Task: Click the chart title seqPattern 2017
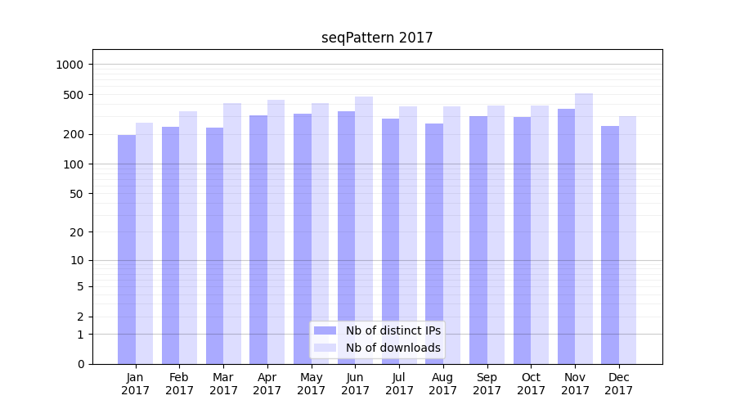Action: pyautogui.click(x=377, y=38)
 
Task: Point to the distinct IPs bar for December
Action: pyautogui.click(x=610, y=245)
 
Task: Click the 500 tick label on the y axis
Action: pyautogui.click(x=75, y=95)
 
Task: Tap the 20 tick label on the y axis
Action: pyautogui.click(x=78, y=232)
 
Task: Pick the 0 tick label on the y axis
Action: pyautogui.click(x=81, y=364)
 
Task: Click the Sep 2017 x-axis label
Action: pyautogui.click(x=487, y=384)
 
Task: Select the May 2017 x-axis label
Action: pyautogui.click(x=311, y=384)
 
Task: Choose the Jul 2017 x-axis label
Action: pyautogui.click(x=399, y=384)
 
